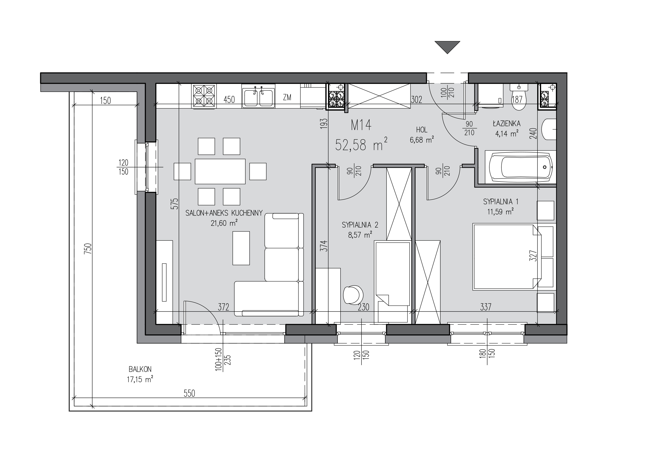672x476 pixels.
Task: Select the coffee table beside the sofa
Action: tap(241, 248)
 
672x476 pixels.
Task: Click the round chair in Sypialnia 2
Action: tap(353, 295)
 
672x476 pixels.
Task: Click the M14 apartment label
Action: tap(361, 126)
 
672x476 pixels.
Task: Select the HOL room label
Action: tap(422, 130)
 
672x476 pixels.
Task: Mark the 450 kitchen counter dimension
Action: tap(229, 100)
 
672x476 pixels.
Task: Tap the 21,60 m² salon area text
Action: tap(224, 223)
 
